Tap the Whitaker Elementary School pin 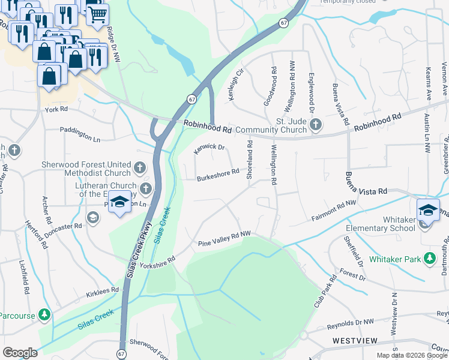[x=427, y=211]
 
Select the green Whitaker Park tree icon [x=429, y=259]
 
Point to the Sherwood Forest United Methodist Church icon [x=140, y=167]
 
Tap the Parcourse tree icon [x=44, y=314]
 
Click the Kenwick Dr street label [x=209, y=148]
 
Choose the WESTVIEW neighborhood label [x=355, y=341]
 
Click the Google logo [x=20, y=353]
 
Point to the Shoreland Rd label [x=250, y=158]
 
